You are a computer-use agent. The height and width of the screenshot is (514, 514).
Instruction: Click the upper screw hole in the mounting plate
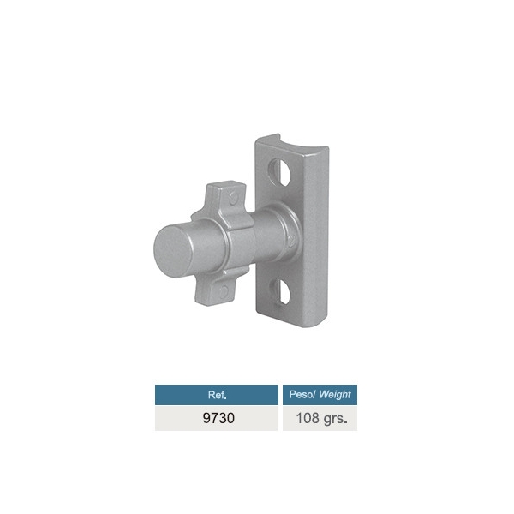[279, 172]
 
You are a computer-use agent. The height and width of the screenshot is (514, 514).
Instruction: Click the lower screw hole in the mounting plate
[279, 292]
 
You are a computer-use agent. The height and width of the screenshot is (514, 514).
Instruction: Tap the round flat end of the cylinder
[173, 251]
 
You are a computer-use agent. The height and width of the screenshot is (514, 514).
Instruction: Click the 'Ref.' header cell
[217, 395]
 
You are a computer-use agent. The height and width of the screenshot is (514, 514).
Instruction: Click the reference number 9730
[218, 418]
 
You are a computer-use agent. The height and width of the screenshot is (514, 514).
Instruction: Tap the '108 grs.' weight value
[321, 419]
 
